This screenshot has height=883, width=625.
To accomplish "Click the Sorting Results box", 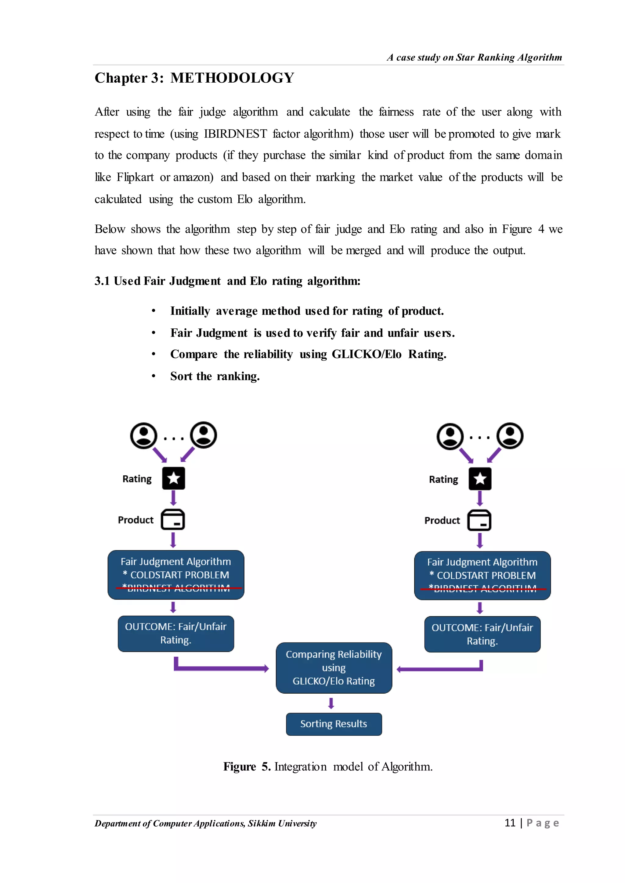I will coord(334,724).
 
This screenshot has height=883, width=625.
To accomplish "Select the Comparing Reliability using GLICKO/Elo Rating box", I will coord(334,668).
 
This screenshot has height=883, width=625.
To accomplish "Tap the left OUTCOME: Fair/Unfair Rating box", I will coord(175,633).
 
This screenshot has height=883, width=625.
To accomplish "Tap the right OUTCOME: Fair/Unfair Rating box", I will coord(482,634).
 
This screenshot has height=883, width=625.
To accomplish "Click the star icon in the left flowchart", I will coord(174,478).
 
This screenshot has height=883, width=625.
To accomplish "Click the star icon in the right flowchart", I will coord(480,479).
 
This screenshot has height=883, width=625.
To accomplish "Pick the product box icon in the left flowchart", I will coord(173,520).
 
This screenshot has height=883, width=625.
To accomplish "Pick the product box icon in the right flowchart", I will coord(479,520).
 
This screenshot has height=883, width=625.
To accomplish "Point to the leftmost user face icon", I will coord(143,435).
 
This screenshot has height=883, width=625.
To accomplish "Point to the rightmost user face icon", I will coord(510,436).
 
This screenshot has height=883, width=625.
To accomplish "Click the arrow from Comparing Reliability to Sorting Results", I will coord(331,703).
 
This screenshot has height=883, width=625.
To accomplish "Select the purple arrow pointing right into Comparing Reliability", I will coord(221,668).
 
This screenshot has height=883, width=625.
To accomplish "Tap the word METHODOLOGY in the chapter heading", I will coord(233,78).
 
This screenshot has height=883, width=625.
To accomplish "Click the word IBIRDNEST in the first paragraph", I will coord(235,134).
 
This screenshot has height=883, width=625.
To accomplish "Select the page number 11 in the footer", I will coord(510,823).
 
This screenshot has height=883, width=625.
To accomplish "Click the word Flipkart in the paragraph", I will coord(135,177).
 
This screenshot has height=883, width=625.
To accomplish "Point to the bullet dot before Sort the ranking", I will coord(154,376).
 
